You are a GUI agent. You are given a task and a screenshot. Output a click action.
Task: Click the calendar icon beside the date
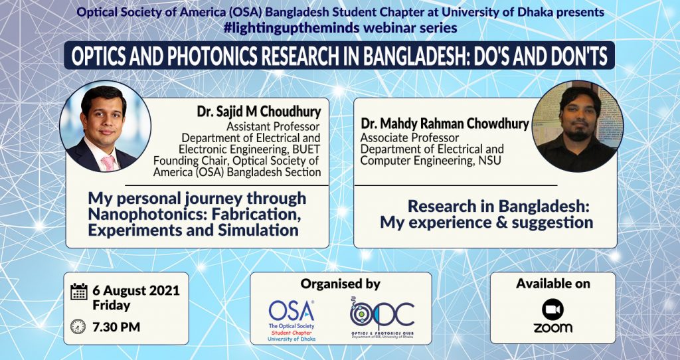point(79,292)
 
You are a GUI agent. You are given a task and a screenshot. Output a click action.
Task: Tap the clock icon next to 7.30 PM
point(78,326)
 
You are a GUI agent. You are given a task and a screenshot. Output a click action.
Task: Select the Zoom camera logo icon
point(552,310)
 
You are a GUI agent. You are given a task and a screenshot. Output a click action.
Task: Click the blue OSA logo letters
point(292,311)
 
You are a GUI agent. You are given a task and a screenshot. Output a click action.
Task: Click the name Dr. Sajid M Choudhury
point(259,112)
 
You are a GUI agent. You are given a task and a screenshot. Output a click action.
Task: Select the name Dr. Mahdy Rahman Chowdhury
point(445,124)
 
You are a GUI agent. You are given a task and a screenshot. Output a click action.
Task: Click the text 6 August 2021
point(136,291)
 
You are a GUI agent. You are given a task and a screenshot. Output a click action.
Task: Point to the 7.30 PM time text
point(116,327)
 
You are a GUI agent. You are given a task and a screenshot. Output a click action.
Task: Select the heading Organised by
point(341,284)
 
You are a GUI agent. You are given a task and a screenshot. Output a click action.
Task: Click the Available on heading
point(553,284)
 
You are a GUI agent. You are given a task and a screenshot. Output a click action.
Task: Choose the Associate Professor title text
point(410,138)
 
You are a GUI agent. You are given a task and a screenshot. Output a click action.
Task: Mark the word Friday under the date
point(112,306)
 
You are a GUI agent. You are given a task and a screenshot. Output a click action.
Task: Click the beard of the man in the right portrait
point(579,135)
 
